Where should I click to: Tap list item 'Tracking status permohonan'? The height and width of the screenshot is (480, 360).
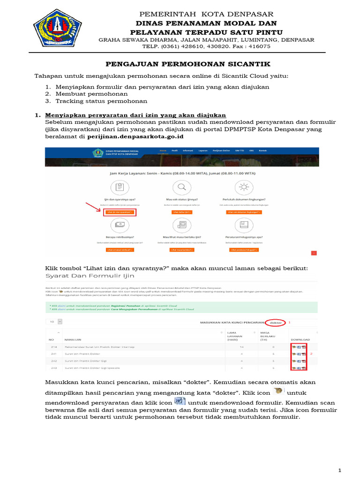point(101,101)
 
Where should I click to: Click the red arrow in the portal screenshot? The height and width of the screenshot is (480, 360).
point(93,207)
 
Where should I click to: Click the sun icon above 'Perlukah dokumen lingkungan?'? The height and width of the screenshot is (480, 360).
point(244,188)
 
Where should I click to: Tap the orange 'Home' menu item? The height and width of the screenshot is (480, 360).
point(163,151)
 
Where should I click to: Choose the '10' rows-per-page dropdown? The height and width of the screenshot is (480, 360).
point(54,322)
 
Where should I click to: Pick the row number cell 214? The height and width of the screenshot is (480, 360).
point(54,347)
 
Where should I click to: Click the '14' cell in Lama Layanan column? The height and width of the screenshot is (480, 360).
point(227,347)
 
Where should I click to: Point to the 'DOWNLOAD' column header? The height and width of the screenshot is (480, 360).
point(300,339)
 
